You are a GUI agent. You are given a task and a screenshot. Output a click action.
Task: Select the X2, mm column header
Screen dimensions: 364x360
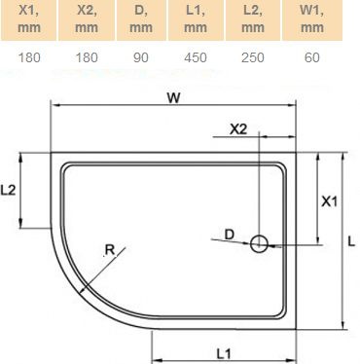[87, 19]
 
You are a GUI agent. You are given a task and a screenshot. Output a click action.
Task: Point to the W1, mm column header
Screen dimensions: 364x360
[311, 19]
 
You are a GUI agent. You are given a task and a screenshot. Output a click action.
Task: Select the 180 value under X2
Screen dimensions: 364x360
[87, 58]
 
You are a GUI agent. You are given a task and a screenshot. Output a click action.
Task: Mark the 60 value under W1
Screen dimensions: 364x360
[311, 58]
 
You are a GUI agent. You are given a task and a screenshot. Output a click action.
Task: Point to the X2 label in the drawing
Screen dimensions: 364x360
[238, 128]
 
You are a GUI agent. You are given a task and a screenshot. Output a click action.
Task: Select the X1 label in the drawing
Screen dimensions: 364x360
[329, 201]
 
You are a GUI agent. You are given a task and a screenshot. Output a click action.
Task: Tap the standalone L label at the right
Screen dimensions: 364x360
[351, 239]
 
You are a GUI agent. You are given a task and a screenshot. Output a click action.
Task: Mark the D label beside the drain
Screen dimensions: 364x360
[229, 234]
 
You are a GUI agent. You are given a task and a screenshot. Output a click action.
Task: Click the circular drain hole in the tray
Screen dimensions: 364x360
[260, 244]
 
